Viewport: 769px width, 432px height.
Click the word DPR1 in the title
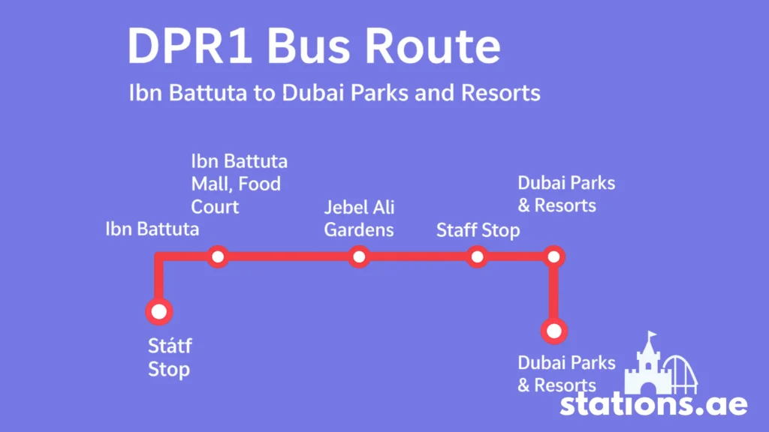(190, 46)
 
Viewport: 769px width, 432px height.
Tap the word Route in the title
(433, 46)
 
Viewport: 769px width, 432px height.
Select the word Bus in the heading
(308, 46)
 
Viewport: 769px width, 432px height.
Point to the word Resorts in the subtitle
(500, 92)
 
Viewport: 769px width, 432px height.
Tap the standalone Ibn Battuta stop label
(152, 229)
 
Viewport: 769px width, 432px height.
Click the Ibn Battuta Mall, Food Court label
(239, 184)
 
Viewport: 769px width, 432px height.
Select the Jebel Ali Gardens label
(359, 218)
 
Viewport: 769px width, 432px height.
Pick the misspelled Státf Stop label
(170, 357)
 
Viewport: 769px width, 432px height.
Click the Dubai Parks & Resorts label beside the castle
(566, 373)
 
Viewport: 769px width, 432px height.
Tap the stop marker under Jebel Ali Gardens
(359, 256)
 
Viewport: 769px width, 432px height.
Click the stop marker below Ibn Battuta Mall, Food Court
(218, 256)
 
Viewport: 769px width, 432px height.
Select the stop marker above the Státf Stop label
(159, 311)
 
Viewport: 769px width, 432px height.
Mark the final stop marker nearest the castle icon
(554, 331)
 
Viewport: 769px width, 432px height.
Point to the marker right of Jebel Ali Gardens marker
(477, 256)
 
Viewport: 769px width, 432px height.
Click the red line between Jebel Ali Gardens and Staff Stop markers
(418, 256)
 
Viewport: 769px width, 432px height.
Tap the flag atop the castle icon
(653, 335)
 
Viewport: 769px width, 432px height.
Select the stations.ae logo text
(654, 405)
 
